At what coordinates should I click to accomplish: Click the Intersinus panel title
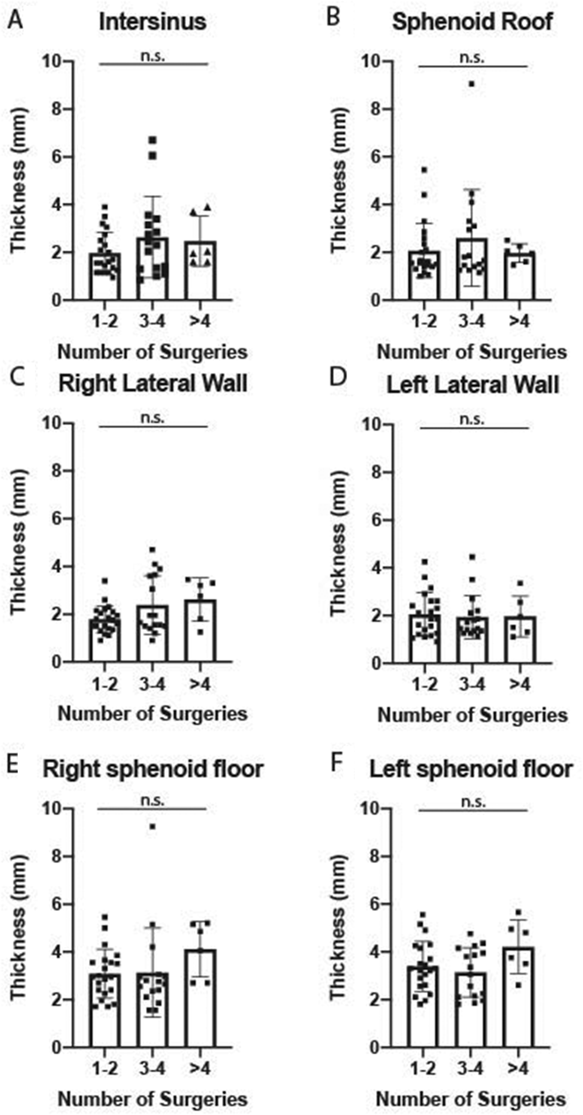pos(152,22)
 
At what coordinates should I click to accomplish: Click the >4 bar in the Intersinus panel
pos(200,271)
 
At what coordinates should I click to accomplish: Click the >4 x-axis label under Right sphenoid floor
pos(200,1069)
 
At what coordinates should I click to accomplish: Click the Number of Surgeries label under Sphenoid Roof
pos(472,352)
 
